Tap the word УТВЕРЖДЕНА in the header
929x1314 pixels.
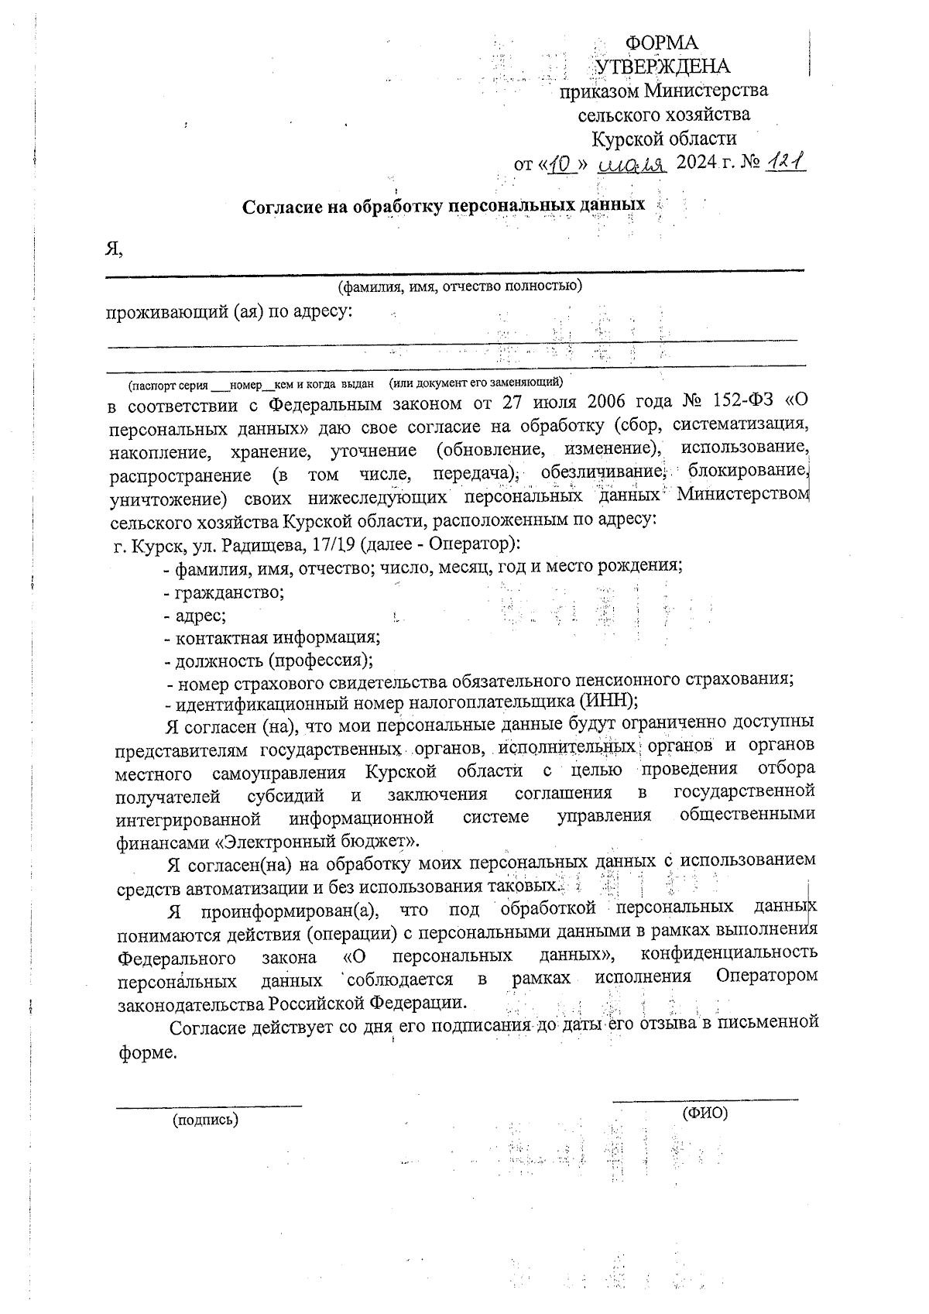coord(663,67)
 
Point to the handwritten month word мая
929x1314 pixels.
coord(633,165)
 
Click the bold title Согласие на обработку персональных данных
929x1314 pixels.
coord(444,207)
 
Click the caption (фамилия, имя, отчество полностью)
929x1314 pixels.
coord(459,286)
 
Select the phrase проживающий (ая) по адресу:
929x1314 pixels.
coord(229,312)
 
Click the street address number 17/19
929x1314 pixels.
coord(336,544)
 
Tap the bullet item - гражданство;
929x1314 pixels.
coord(224,592)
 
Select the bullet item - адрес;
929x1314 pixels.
coord(195,616)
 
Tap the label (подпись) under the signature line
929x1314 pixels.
coord(205,1120)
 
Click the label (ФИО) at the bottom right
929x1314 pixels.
coord(704,1113)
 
